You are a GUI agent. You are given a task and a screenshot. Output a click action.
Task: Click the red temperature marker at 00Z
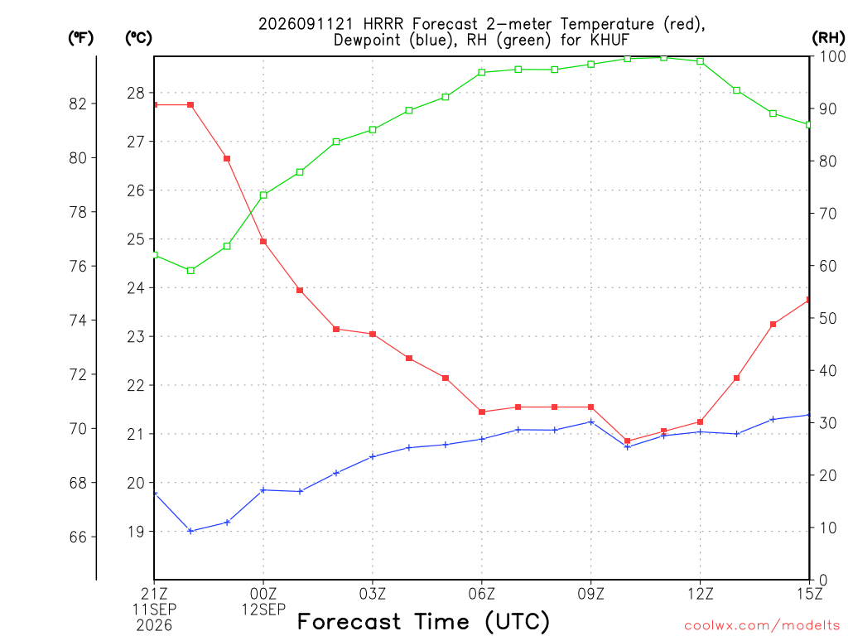(263, 242)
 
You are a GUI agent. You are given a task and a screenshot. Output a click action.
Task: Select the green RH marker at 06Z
(482, 73)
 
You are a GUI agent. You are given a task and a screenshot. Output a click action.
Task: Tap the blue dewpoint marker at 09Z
(591, 422)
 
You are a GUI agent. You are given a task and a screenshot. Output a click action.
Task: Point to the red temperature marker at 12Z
(701, 422)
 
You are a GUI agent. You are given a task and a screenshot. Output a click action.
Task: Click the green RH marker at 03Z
(373, 130)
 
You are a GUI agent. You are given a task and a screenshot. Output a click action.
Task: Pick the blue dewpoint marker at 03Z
(373, 456)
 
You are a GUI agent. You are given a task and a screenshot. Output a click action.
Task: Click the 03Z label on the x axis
(373, 594)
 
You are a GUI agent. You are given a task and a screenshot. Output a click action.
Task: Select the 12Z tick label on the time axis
(701, 594)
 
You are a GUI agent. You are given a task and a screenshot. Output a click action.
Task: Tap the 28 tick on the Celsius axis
(137, 93)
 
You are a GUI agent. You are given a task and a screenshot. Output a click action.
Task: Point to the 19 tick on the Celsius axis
(137, 532)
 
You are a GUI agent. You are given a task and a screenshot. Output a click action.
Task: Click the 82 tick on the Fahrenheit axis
(78, 104)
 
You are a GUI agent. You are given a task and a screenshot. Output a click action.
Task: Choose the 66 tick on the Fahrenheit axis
(78, 537)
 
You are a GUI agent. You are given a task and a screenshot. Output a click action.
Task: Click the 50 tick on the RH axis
(828, 318)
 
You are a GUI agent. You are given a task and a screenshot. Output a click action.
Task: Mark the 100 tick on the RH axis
(832, 56)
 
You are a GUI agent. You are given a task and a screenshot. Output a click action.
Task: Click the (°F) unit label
(80, 38)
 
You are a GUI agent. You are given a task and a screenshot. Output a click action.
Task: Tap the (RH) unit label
(828, 38)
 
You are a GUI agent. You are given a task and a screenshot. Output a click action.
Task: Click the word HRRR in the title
(383, 24)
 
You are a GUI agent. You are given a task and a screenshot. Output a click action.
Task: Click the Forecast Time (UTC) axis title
(423, 622)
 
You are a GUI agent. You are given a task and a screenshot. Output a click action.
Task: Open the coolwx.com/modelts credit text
(762, 626)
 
